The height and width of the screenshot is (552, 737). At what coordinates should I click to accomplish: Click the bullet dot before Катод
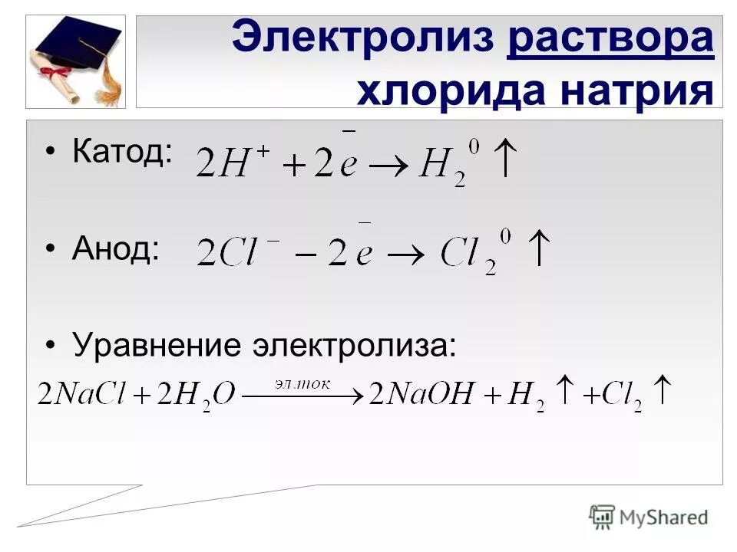51,152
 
